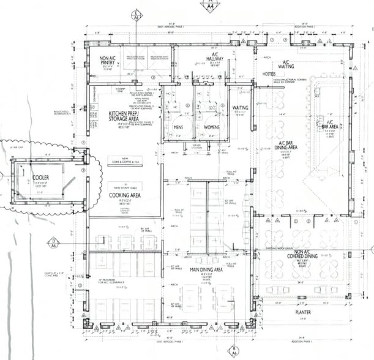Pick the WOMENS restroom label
pos(210,127)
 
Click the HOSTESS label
pos(270,73)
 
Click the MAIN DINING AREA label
pos(206,269)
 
